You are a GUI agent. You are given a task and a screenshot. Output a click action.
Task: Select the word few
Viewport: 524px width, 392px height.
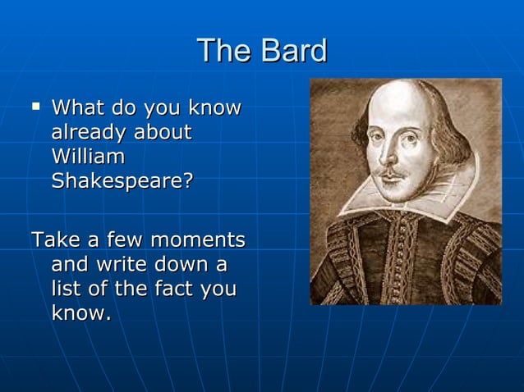pos(124,240)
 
